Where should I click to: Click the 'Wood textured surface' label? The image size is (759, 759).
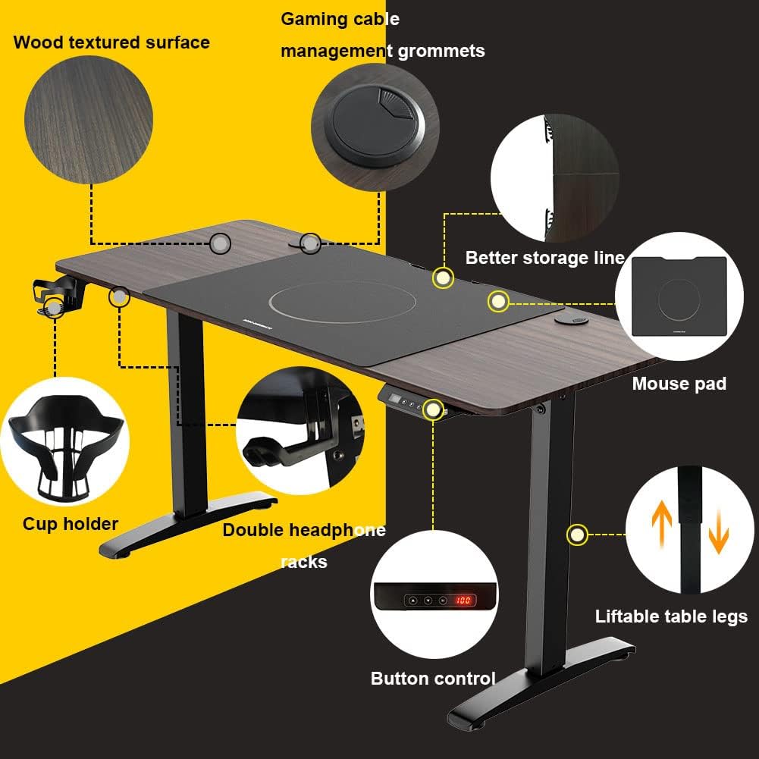111,42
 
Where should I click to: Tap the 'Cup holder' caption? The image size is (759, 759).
71,524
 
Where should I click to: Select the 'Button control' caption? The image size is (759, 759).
433,678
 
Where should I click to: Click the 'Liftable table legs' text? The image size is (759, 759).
671,616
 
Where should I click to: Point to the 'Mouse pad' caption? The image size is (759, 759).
679,384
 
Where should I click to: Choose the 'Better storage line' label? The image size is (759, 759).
545,258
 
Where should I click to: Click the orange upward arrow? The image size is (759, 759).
662,522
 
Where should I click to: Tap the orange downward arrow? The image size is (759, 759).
718,532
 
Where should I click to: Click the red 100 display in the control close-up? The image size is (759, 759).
463,601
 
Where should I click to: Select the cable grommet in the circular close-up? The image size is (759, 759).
375,124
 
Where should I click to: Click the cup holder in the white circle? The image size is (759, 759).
65,446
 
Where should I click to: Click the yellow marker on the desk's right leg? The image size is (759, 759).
577,535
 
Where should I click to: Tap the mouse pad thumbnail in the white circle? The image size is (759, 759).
679,296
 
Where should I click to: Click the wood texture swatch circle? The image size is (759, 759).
89,120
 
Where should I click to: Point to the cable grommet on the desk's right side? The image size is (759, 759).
571,319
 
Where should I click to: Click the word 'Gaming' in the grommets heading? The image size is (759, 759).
309,20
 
